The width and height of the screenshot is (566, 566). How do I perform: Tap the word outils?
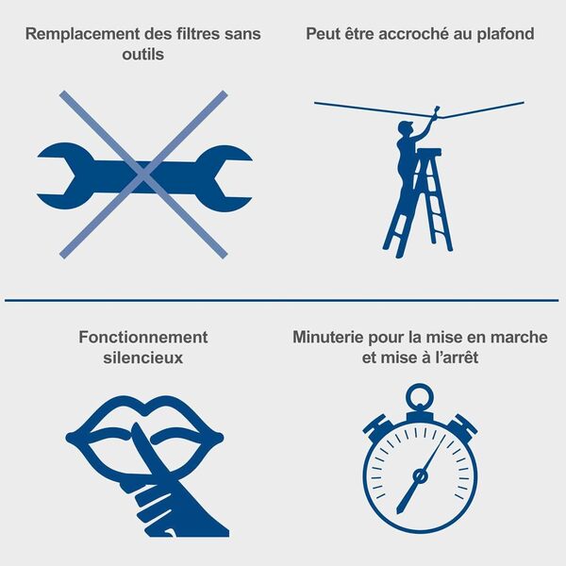pos(143,55)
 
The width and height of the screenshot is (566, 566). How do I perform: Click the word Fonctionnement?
pos(143,337)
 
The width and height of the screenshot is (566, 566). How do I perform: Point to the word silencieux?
pos(143,358)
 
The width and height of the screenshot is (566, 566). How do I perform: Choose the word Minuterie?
pos(333,337)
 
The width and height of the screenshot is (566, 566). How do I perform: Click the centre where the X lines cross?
pos(143,174)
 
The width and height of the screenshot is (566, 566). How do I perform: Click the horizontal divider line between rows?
pos(283,301)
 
